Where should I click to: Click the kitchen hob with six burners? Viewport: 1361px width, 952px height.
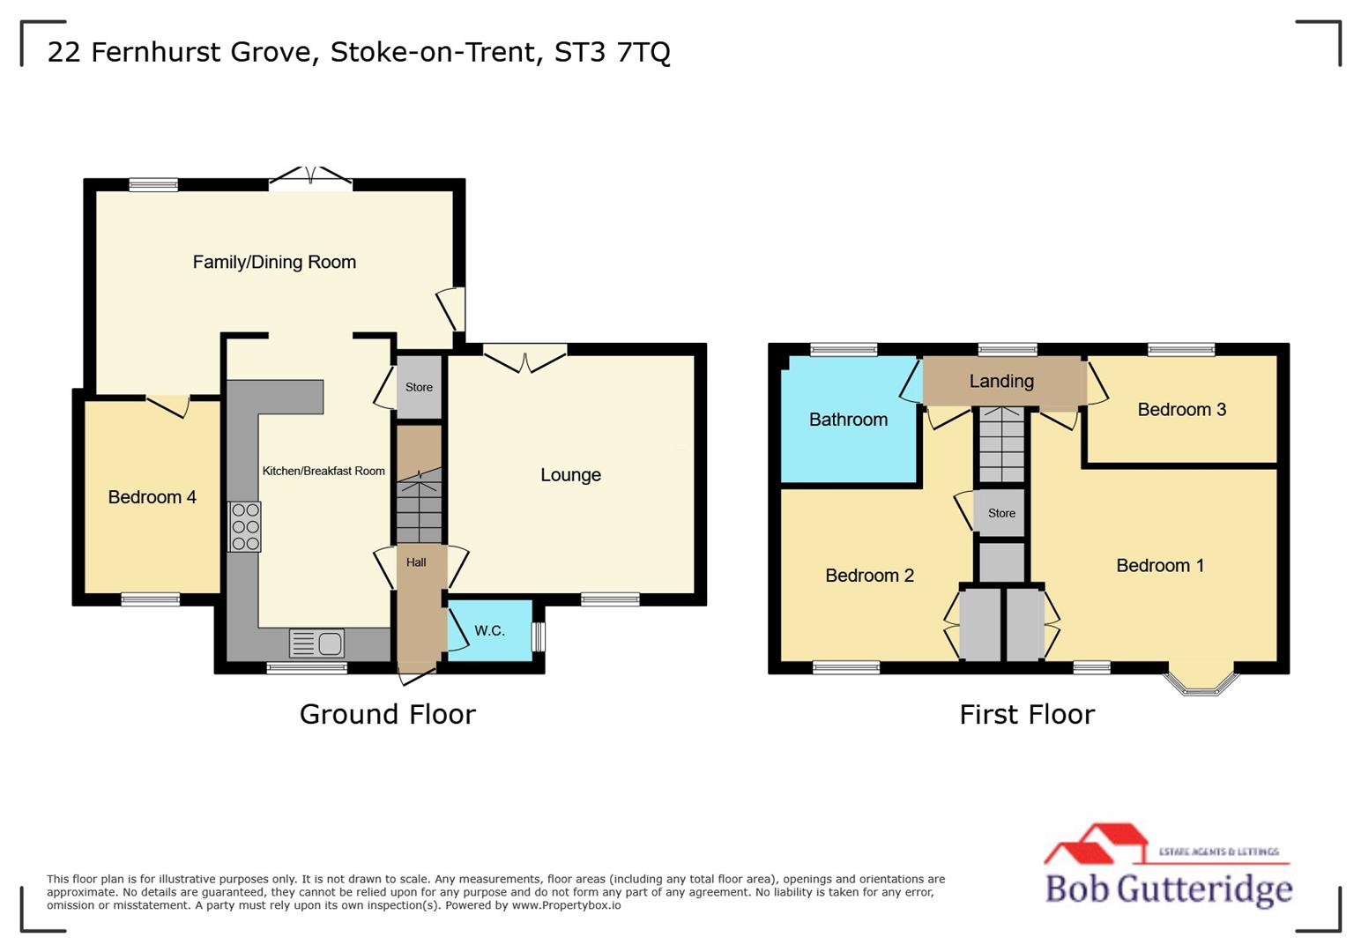pyautogui.click(x=244, y=526)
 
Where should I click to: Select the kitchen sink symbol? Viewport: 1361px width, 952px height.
pyautogui.click(x=316, y=643)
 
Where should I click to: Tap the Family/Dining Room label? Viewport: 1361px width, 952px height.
pyautogui.click(x=274, y=262)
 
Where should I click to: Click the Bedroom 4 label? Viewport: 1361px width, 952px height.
pyautogui.click(x=152, y=497)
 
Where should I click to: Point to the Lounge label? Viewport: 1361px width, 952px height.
pyautogui.click(x=570, y=475)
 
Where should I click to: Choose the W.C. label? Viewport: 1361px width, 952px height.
pyautogui.click(x=489, y=630)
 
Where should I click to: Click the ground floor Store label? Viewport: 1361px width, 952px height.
pyautogui.click(x=419, y=387)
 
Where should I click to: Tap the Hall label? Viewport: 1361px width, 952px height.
pyautogui.click(x=416, y=562)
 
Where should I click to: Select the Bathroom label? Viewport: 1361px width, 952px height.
pyautogui.click(x=848, y=420)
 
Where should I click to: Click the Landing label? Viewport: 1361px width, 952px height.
pyautogui.click(x=1001, y=381)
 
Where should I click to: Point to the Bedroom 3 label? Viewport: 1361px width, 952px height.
pyautogui.click(x=1181, y=409)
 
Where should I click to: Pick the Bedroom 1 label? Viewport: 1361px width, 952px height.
pyautogui.click(x=1160, y=566)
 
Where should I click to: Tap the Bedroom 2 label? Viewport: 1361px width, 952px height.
pyautogui.click(x=869, y=576)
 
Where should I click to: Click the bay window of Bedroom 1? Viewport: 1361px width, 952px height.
pyautogui.click(x=1201, y=683)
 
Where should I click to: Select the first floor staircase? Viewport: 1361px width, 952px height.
pyautogui.click(x=1002, y=445)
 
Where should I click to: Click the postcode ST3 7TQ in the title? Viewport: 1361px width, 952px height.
pyautogui.click(x=612, y=52)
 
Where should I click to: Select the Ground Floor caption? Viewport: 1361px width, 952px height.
pyautogui.click(x=387, y=714)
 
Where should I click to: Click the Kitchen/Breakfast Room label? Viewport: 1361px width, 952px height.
pyautogui.click(x=324, y=471)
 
